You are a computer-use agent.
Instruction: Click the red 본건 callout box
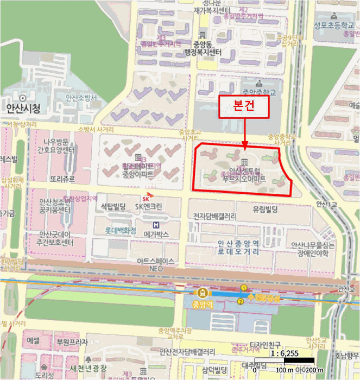244,107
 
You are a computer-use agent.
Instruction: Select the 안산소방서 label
81,98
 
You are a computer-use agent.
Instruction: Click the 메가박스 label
157,235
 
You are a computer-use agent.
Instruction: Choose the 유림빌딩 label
265,209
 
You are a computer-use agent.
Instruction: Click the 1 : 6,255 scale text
284,353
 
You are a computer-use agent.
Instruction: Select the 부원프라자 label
72,343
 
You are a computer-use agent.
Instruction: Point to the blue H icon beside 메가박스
156,225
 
